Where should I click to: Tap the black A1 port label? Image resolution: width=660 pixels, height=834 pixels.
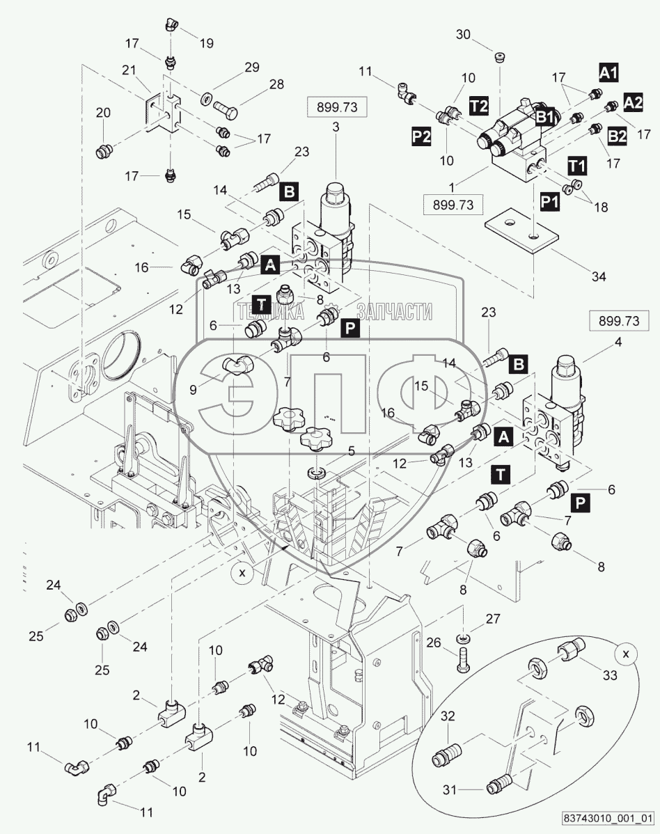point(609,72)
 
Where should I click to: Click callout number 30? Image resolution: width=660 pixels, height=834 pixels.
point(464,35)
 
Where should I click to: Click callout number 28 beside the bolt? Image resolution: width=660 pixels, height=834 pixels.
point(258,84)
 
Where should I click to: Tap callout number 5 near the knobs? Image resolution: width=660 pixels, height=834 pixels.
point(352,451)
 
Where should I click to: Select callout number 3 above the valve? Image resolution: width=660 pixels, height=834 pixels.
point(336,127)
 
